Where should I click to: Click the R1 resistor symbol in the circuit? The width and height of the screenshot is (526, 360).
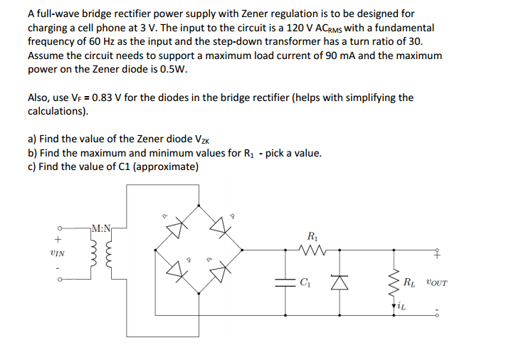pos(310,249)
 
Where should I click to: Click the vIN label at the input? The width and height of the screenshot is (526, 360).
pos(58,253)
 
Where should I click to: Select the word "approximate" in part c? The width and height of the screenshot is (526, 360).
pos(165,166)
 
